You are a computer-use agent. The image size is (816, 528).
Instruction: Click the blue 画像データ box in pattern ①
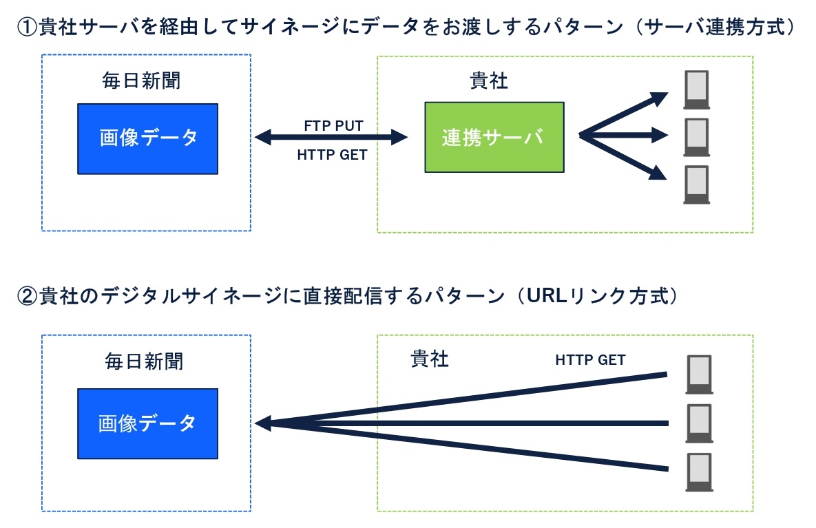(x=147, y=138)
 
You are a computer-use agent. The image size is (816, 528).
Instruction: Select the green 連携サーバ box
(x=494, y=137)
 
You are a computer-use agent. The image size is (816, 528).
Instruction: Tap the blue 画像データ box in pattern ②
(x=147, y=423)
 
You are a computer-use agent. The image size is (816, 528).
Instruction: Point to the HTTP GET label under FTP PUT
(x=332, y=155)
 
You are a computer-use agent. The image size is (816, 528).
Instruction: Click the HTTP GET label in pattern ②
(x=590, y=360)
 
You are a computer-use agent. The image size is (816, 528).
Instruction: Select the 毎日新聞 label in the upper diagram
(x=142, y=81)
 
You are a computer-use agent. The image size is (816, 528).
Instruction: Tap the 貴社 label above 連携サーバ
(x=488, y=81)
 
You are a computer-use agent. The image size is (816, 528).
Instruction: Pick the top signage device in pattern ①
(x=696, y=90)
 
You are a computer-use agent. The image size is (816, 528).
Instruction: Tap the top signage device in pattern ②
(x=700, y=374)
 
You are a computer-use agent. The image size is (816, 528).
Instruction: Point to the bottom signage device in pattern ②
(x=700, y=472)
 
